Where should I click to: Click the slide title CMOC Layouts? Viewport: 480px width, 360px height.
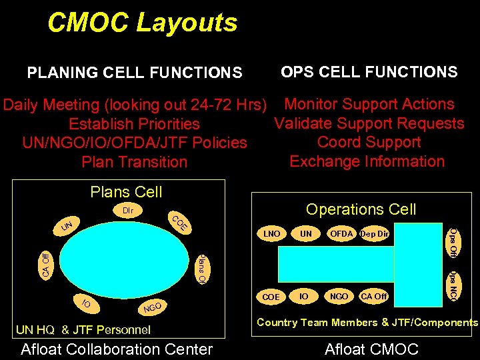[142, 23]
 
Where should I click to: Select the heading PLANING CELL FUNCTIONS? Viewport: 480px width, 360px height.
[134, 72]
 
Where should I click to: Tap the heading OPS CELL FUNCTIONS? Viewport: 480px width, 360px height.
[369, 72]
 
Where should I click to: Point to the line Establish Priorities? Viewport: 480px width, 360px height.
[134, 124]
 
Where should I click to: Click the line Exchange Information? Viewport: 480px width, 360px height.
[367, 161]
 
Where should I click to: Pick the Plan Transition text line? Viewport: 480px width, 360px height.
[134, 162]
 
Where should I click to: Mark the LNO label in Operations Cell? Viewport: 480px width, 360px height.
[271, 235]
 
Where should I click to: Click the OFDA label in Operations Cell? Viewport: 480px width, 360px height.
[341, 234]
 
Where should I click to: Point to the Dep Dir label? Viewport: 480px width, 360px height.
[374, 234]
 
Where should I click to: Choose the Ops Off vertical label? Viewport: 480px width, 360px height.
[453, 242]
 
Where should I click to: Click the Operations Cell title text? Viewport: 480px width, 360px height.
[361, 209]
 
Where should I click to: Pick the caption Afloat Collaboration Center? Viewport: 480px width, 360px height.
[117, 349]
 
